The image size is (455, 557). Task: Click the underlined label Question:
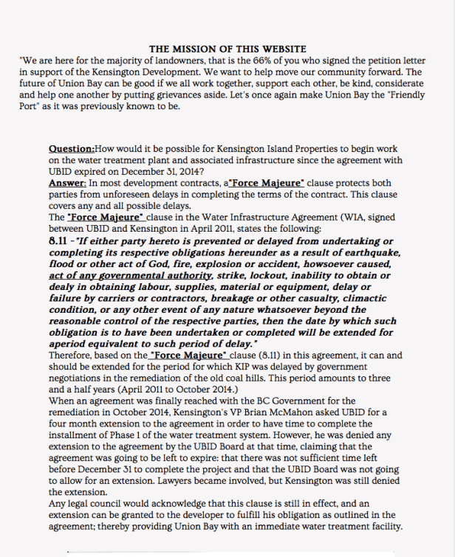(70, 148)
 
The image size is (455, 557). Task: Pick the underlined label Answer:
(67, 182)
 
